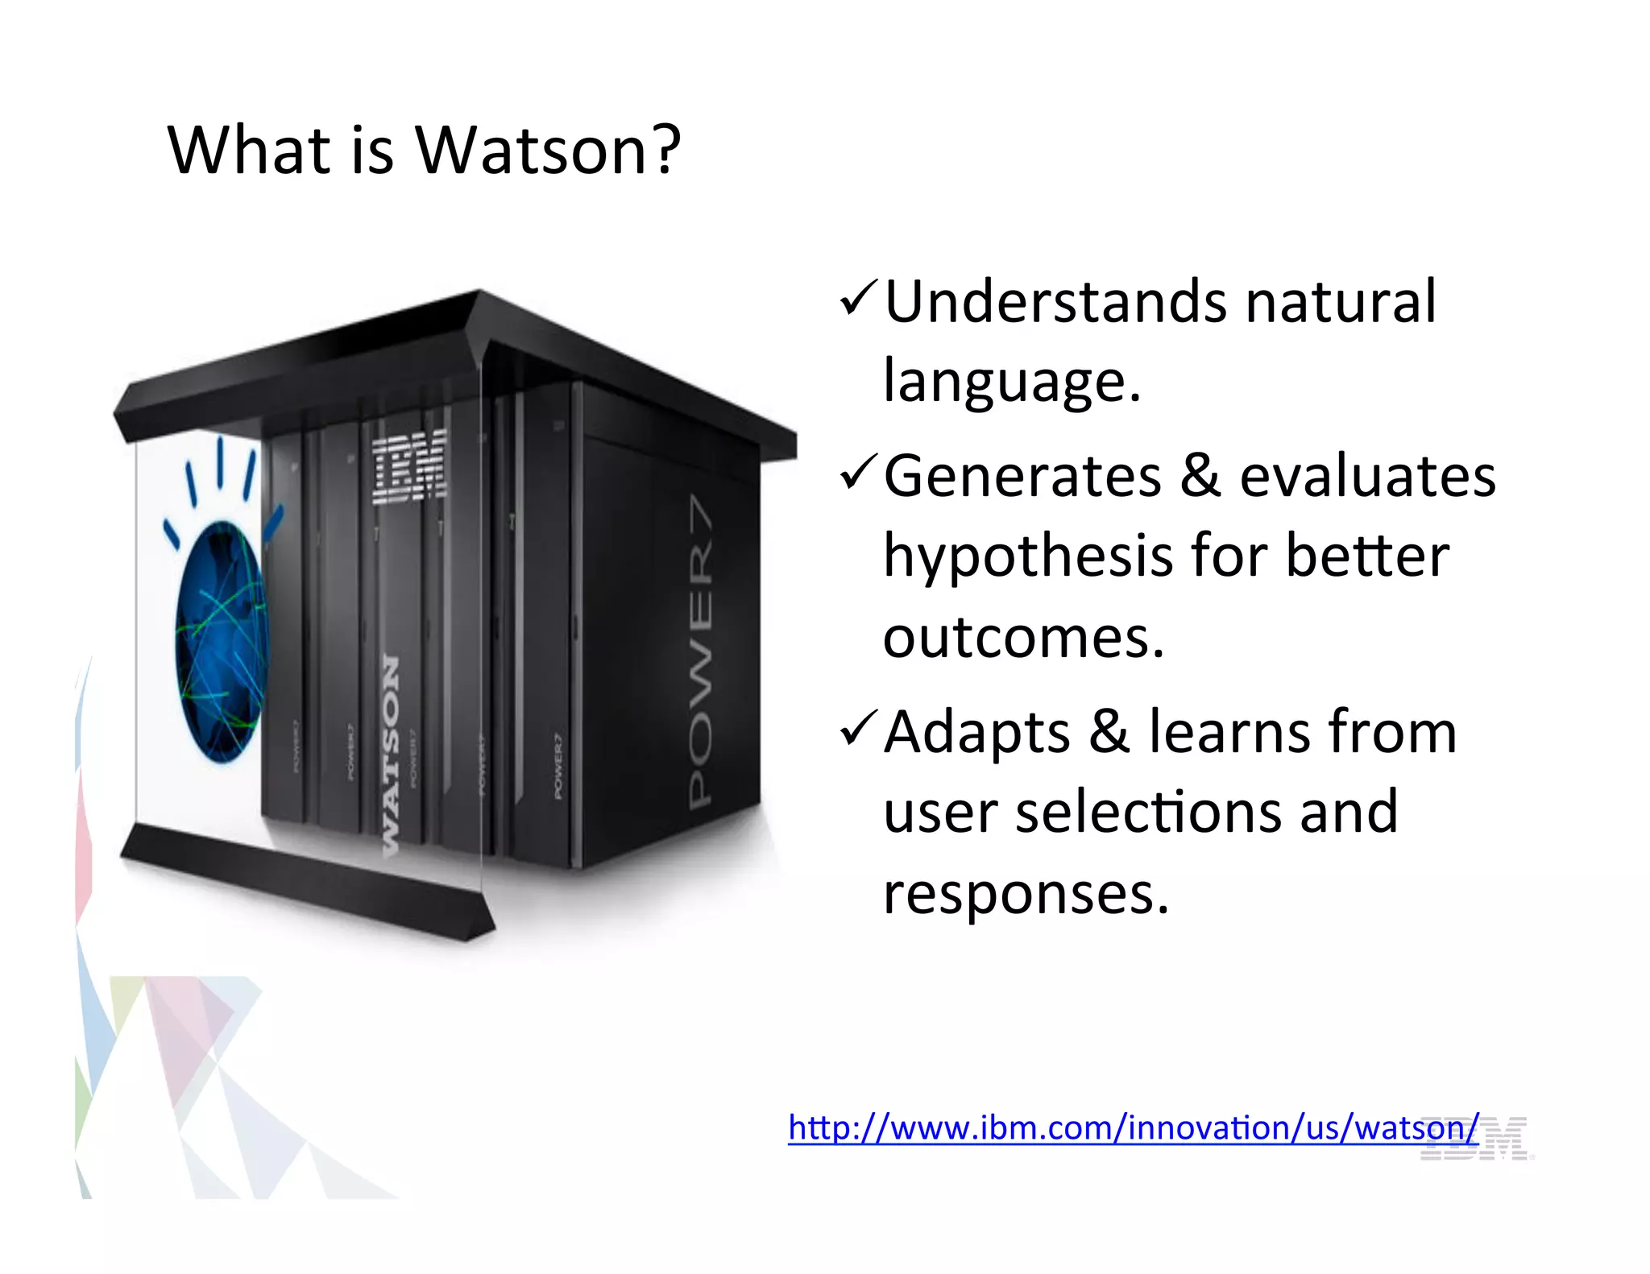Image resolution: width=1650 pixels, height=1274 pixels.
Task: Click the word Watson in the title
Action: [531, 151]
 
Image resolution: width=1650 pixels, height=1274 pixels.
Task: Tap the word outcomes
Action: [1023, 637]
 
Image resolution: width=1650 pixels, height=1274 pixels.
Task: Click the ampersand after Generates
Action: [1200, 476]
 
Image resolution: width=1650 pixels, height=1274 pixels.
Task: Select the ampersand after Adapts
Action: [1109, 731]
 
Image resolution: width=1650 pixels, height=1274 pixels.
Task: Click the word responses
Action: [1026, 894]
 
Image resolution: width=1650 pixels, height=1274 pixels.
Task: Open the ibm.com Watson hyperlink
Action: [1132, 1127]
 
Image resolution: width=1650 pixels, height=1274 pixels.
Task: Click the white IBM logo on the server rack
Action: [410, 466]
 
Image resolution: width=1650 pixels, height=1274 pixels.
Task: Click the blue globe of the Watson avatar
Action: [221, 641]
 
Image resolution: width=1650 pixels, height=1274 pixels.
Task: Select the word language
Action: [1012, 382]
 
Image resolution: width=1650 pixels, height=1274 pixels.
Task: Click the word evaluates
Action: [1367, 476]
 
